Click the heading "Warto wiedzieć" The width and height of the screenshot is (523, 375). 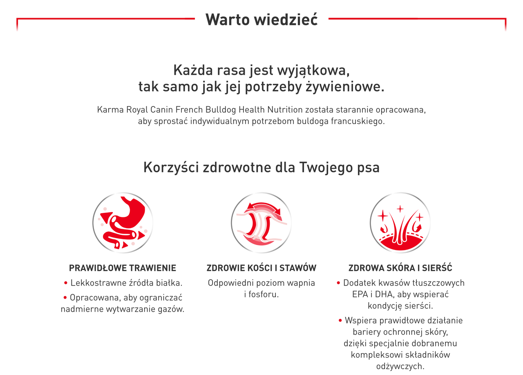[261, 19]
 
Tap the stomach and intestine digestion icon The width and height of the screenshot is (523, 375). [123, 223]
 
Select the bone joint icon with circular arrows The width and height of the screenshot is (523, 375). [261, 223]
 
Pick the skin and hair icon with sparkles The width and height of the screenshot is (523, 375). [400, 223]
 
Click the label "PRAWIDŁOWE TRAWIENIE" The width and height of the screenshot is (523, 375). [123, 268]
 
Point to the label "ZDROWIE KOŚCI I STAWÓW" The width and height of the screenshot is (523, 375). [261, 268]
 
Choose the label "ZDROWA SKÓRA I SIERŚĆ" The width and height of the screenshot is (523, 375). [400, 268]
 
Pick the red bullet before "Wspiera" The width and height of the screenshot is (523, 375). [340, 321]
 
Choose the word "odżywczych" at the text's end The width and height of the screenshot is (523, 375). [400, 366]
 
